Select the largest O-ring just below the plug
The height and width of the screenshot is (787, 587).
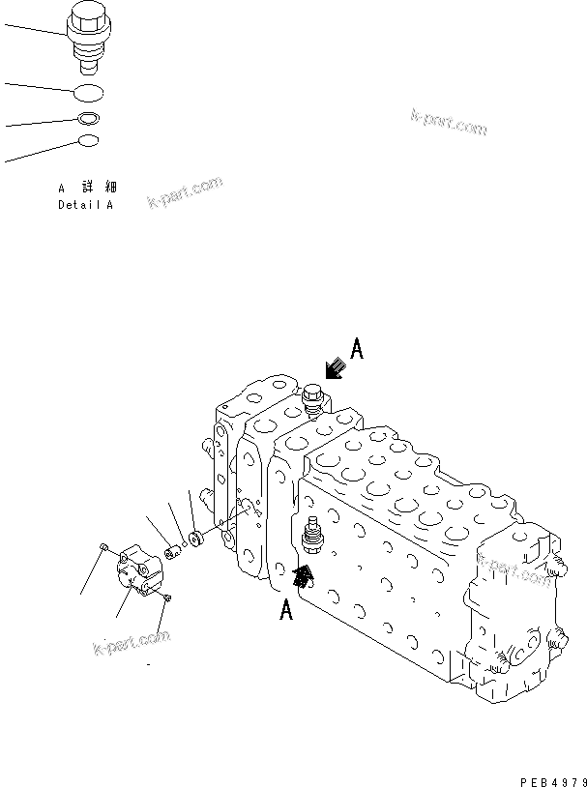91,94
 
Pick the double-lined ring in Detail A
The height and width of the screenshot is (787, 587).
89,120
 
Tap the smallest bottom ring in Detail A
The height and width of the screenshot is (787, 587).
88,141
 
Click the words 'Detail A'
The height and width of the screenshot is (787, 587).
85,205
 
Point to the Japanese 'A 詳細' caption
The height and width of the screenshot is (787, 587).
86,188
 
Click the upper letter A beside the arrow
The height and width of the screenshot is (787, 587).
356,350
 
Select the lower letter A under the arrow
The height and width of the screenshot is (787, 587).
285,611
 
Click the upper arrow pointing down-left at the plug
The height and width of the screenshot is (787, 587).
335,368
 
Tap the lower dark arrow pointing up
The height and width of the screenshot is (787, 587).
304,578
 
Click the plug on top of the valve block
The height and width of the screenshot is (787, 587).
312,400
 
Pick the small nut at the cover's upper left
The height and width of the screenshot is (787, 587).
103,550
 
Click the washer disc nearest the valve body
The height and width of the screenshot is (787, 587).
193,538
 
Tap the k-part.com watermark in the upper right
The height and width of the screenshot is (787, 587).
449,123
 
